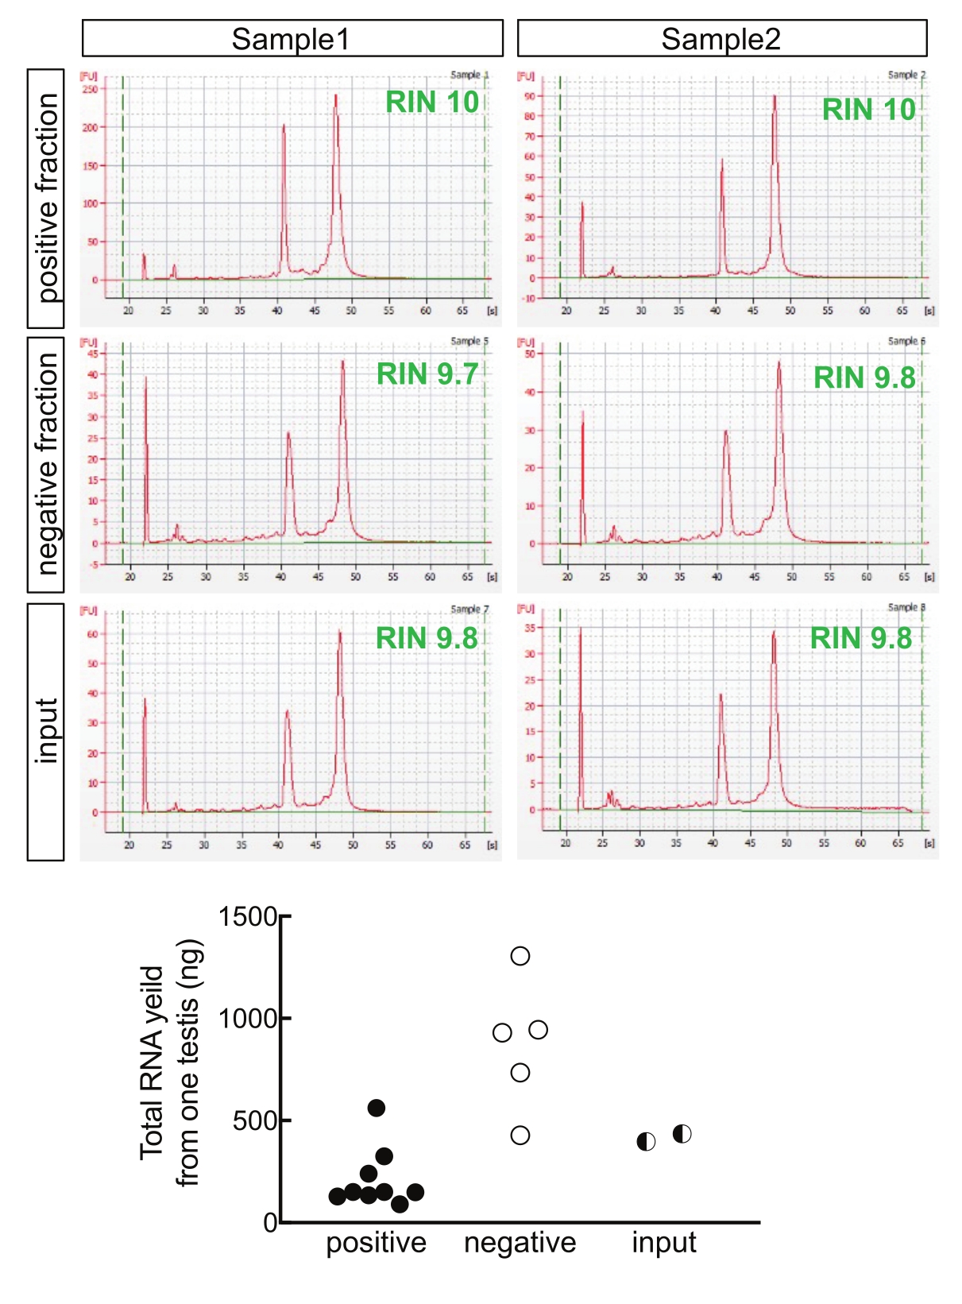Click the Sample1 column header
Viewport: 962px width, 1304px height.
coord(292,38)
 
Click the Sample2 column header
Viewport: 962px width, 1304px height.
coord(721,38)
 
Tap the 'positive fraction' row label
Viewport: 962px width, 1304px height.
coord(46,198)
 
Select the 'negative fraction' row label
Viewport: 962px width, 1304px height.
coord(46,464)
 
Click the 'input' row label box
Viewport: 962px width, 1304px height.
coord(46,731)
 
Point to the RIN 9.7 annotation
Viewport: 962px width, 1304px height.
coord(427,373)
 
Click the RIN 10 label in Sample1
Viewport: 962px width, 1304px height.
coord(432,102)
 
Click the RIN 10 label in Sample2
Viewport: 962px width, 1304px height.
coord(869,110)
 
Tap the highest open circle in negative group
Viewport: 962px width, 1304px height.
coord(520,956)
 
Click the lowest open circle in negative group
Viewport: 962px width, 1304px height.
coord(520,1136)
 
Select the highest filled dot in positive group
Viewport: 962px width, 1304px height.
coord(377,1108)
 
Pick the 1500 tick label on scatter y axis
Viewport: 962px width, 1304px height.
coord(248,916)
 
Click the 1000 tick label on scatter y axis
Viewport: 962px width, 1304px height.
coord(248,1018)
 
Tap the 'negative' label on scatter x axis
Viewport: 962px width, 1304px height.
coord(520,1243)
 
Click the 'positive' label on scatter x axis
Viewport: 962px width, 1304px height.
coord(377,1243)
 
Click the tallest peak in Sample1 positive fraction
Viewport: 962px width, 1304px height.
coord(336,96)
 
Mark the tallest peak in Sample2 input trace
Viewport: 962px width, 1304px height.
coord(773,633)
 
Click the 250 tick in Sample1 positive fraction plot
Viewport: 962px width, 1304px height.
coord(89,90)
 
